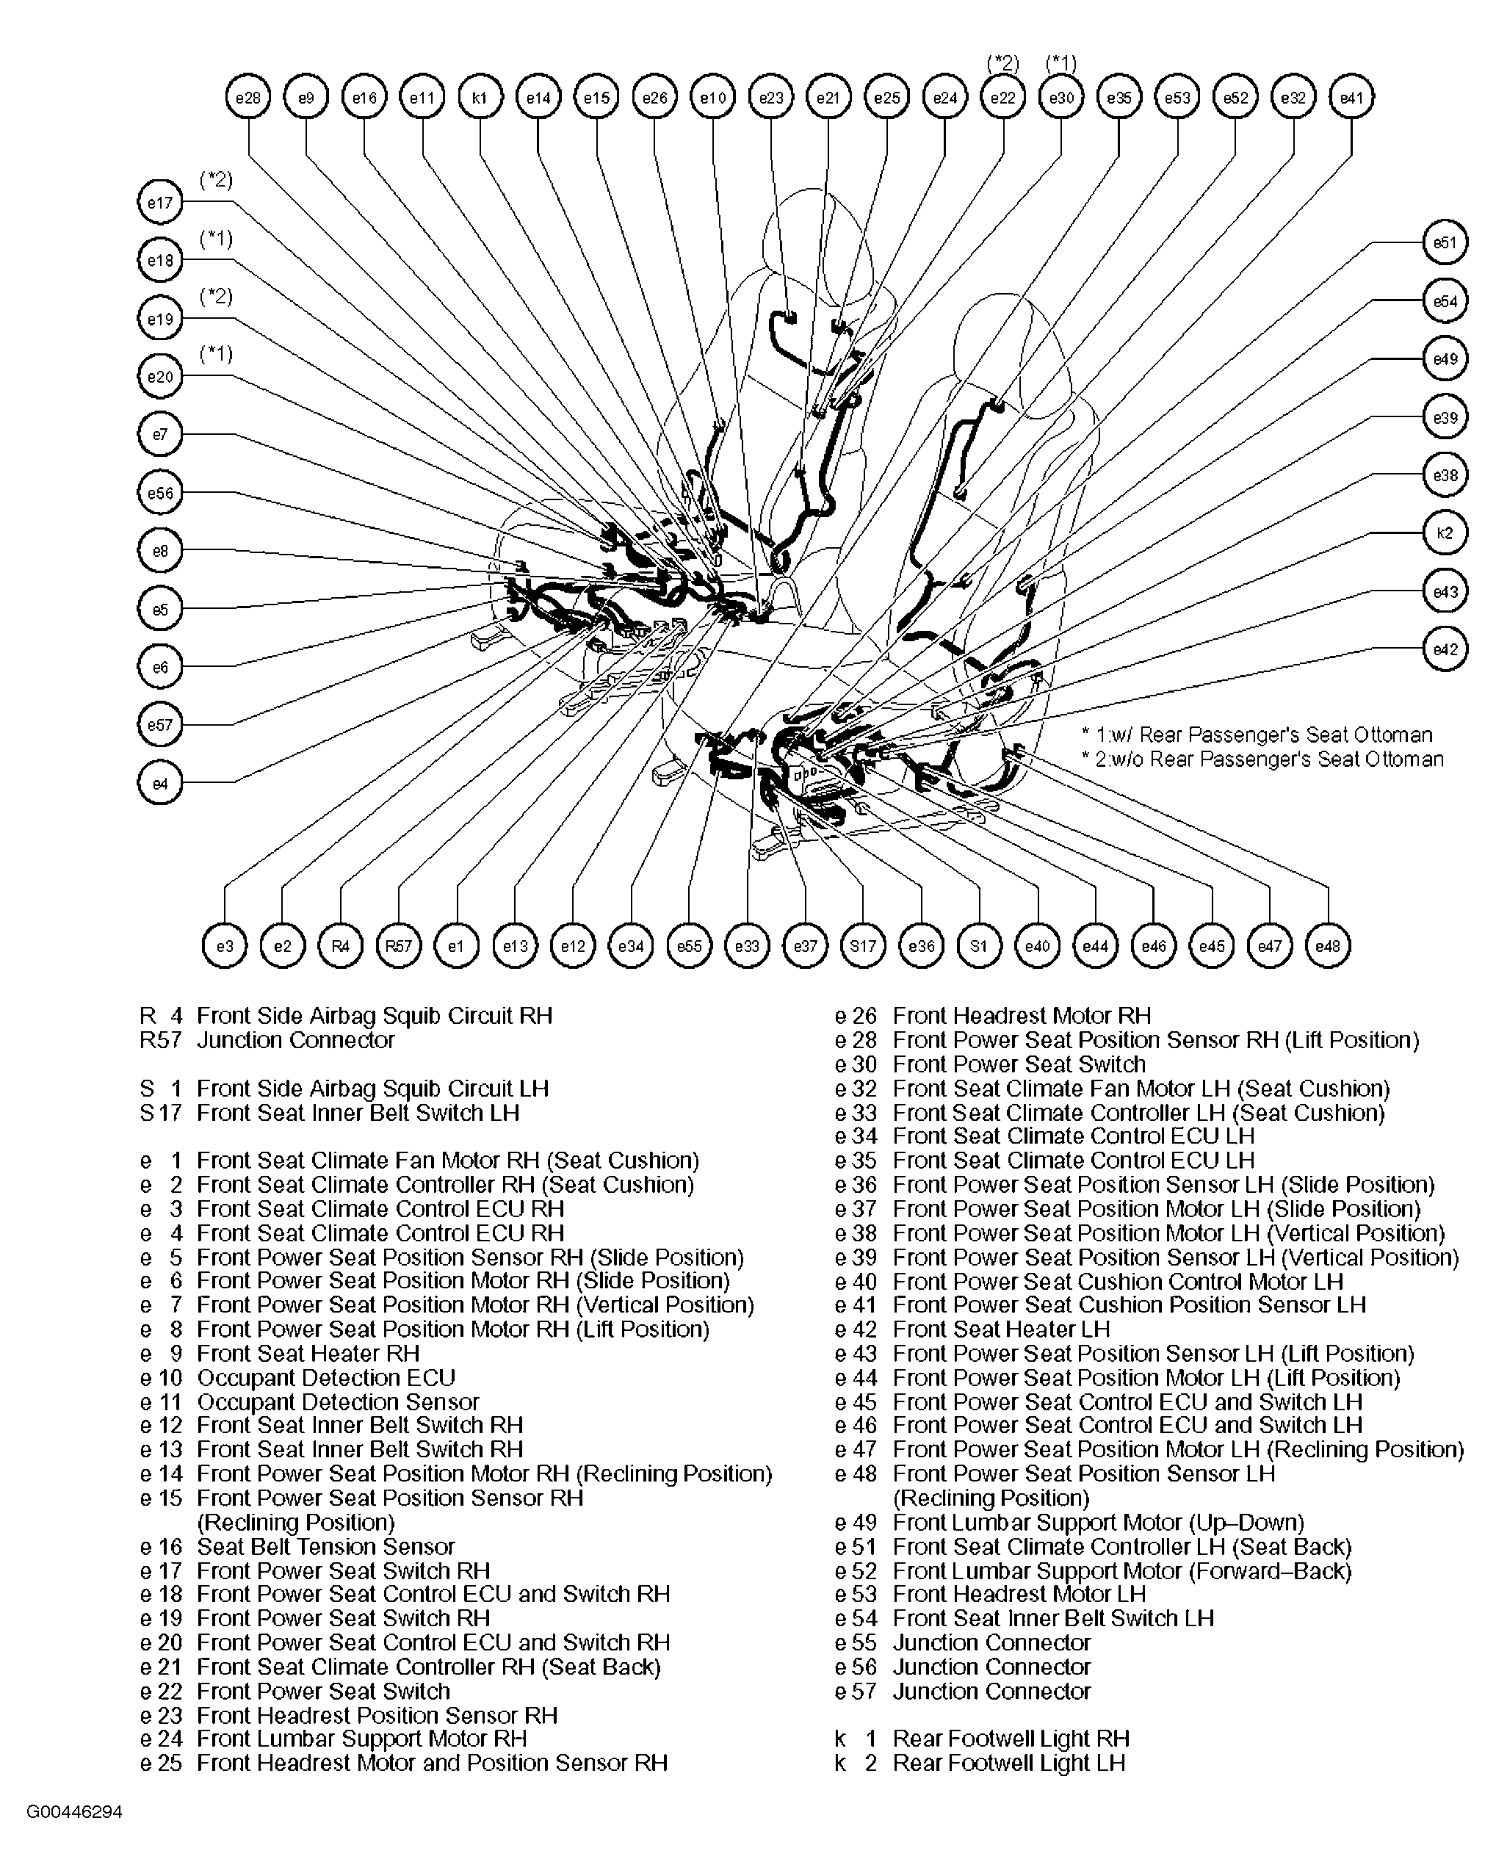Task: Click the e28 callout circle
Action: [247, 98]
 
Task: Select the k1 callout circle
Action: [480, 98]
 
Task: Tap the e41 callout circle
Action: [1352, 98]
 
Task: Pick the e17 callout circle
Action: [160, 203]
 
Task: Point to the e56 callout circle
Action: [160, 494]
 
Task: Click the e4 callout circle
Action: [160, 784]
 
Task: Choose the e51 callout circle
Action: [1445, 242]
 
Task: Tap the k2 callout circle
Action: [1445, 533]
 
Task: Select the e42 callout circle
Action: [1445, 649]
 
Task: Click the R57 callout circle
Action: [398, 945]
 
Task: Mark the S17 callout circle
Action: [863, 945]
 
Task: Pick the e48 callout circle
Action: [1328, 945]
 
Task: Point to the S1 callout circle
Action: [979, 945]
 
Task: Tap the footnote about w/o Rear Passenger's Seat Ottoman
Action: [1262, 759]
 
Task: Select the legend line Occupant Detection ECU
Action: [326, 1377]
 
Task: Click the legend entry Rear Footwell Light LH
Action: [1008, 1763]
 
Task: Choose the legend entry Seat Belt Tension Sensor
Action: [326, 1546]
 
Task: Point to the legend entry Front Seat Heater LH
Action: [1001, 1329]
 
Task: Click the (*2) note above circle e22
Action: [1002, 62]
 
